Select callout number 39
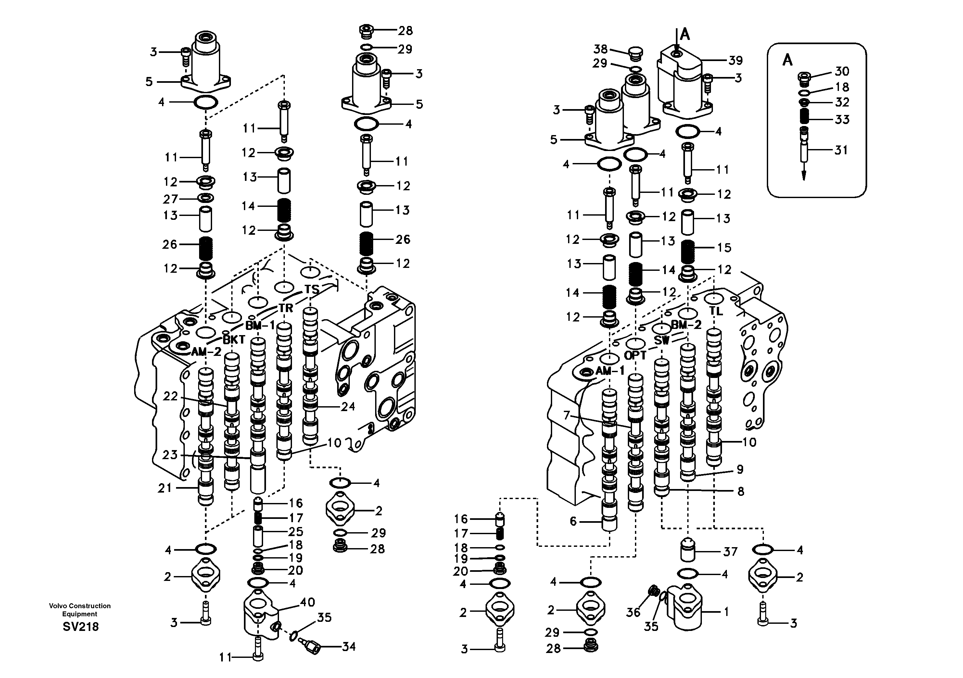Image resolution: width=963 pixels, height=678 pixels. (x=736, y=60)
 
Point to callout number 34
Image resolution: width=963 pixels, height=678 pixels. (x=348, y=647)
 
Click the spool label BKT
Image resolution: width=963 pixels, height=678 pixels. (x=234, y=340)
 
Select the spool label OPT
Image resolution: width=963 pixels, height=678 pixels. (x=635, y=356)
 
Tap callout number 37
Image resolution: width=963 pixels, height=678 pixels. (x=730, y=552)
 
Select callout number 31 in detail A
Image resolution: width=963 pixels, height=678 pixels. (x=841, y=150)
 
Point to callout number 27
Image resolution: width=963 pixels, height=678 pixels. (x=170, y=199)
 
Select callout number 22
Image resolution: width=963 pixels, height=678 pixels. (x=170, y=396)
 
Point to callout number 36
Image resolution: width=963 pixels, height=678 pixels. (x=633, y=613)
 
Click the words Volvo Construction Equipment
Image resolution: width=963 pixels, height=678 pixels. (x=80, y=610)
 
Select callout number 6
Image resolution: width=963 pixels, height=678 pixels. (x=573, y=521)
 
